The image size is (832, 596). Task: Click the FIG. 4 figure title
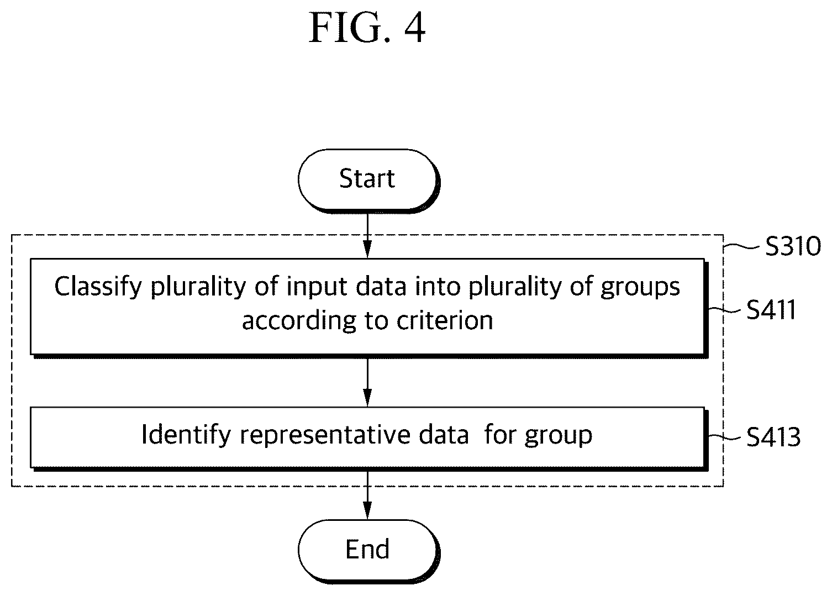[367, 28]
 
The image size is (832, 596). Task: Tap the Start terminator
[368, 181]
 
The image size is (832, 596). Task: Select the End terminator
[368, 551]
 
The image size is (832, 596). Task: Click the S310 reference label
[793, 246]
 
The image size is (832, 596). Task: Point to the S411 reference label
[771, 309]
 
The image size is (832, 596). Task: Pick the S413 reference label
[773, 436]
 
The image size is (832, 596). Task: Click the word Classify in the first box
[98, 287]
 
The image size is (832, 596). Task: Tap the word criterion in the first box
[445, 320]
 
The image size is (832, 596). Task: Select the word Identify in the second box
[186, 435]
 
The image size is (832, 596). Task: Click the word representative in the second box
[325, 435]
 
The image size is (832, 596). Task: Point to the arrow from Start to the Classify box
[367, 235]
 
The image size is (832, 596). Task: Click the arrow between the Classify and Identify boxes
[367, 382]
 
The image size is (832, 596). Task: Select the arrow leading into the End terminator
[367, 495]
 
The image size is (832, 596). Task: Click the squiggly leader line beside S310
[742, 246]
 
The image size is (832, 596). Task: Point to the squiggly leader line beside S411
[725, 310]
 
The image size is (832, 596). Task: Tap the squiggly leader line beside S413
[725, 437]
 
